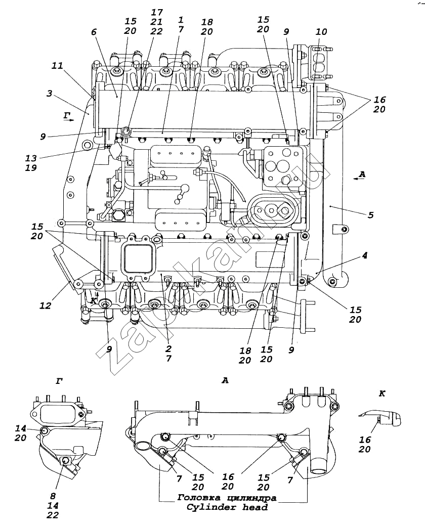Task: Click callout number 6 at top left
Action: pyautogui.click(x=94, y=32)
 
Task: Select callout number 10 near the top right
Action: pyautogui.click(x=321, y=32)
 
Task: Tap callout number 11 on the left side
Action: pyautogui.click(x=57, y=66)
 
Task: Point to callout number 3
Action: pyautogui.click(x=50, y=93)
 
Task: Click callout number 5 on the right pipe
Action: pyautogui.click(x=370, y=215)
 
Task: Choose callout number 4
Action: pyautogui.click(x=364, y=255)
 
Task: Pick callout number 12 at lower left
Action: pyautogui.click(x=46, y=305)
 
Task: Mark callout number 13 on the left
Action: pyautogui.click(x=31, y=158)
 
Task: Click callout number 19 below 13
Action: pyautogui.click(x=31, y=168)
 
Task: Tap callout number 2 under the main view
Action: pyautogui.click(x=168, y=349)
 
